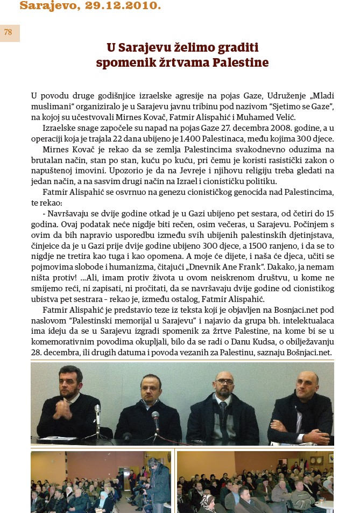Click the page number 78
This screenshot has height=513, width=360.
8,32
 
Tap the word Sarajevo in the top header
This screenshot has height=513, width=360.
45,6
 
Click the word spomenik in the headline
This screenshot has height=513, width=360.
124,62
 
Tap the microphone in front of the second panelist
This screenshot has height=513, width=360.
156,419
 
